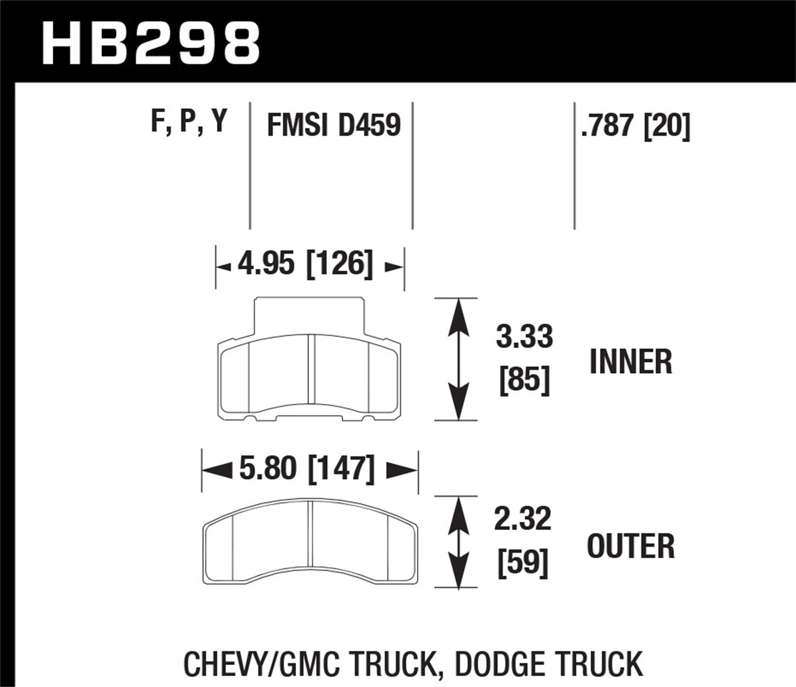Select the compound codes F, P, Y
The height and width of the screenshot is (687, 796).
point(189,121)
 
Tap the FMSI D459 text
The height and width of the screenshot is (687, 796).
point(333,126)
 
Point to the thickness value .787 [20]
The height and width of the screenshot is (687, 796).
point(635,126)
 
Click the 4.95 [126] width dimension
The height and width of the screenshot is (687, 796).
point(305,264)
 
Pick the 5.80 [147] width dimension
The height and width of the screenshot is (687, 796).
point(307,469)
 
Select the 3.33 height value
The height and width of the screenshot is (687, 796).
point(524,337)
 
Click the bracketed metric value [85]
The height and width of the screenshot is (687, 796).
point(524,380)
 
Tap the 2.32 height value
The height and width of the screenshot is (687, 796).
point(523,519)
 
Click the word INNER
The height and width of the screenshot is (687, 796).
point(630,362)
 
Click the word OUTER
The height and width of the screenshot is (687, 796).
point(630,546)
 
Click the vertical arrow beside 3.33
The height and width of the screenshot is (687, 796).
point(457,359)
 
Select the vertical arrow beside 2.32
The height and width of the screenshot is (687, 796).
point(457,542)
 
